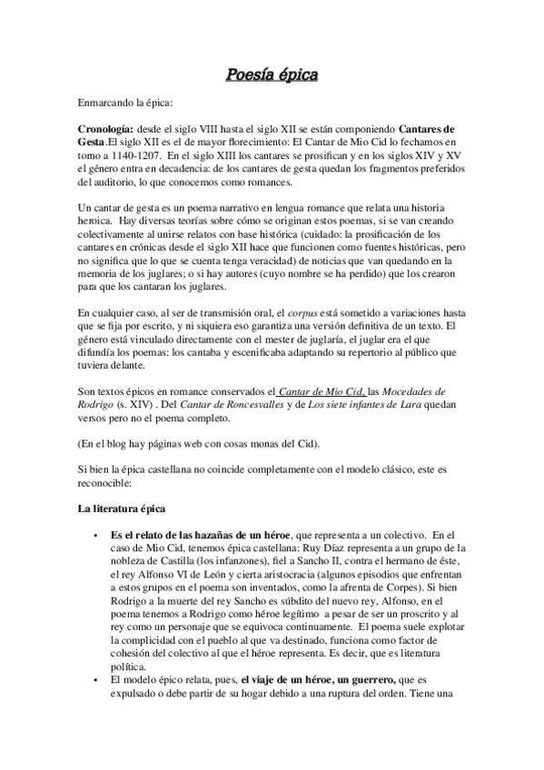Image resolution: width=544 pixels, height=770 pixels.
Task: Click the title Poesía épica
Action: coord(272,74)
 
